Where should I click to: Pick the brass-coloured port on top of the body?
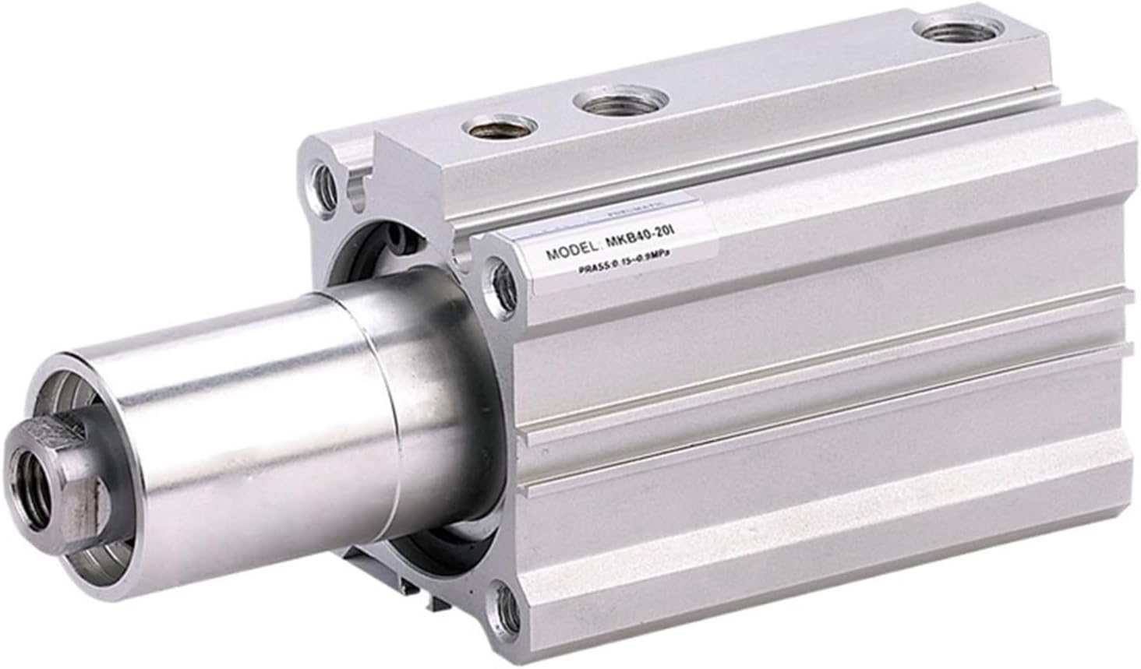click(x=498, y=125)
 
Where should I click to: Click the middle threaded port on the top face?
click(x=620, y=101)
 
